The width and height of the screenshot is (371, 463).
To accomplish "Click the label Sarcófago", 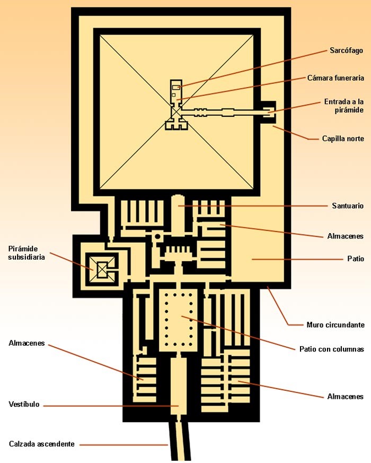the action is (346, 50).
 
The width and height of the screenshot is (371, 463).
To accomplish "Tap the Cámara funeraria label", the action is (335, 78).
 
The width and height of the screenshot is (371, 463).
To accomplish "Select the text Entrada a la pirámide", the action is (344, 106).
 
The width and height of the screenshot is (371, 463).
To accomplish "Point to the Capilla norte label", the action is (343, 138).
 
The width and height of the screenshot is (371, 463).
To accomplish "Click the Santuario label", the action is (348, 205).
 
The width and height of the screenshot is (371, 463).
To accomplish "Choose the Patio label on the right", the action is (356, 259).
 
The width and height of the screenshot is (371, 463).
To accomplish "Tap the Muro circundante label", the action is (335, 325).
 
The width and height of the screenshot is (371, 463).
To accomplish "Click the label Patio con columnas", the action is (332, 349).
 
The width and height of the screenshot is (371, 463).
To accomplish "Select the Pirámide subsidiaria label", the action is (26, 253).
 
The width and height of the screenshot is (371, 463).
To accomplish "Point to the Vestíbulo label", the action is (24, 404).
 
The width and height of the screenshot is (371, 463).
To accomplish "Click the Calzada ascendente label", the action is (42, 444).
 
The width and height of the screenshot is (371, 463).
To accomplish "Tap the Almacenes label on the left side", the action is (27, 343).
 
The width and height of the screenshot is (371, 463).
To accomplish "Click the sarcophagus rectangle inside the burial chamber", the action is (176, 87).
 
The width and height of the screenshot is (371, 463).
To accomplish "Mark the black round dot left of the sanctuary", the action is (157, 236).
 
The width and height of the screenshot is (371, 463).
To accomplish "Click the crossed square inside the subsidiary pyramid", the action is (101, 270).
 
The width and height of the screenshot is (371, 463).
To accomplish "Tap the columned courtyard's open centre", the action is (178, 320).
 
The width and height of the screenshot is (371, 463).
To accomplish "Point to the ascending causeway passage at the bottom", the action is (179, 441).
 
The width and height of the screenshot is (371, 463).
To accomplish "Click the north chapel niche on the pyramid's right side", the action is (269, 113).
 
